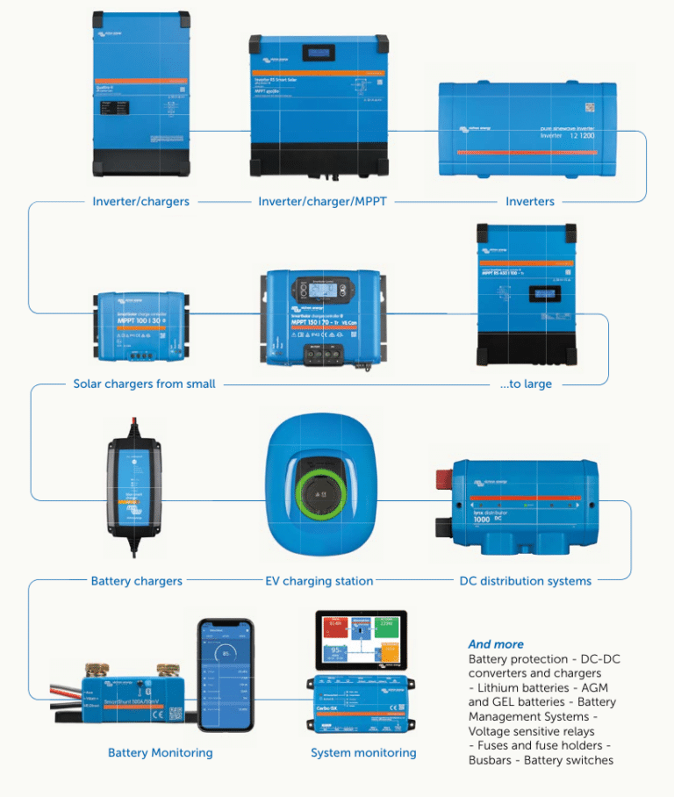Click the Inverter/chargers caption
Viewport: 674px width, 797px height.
click(140, 201)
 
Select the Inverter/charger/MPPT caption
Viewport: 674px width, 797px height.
click(322, 201)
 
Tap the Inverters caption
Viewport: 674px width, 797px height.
click(530, 201)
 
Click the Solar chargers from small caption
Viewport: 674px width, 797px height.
click(144, 384)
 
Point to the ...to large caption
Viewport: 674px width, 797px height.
click(526, 384)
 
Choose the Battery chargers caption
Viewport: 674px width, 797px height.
click(137, 580)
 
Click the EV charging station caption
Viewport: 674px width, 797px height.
click(319, 580)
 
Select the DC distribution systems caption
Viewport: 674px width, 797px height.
click(526, 580)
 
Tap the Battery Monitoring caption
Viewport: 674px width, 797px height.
click(160, 752)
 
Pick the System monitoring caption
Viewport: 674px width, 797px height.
click(363, 752)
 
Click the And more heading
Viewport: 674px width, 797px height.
click(496, 643)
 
